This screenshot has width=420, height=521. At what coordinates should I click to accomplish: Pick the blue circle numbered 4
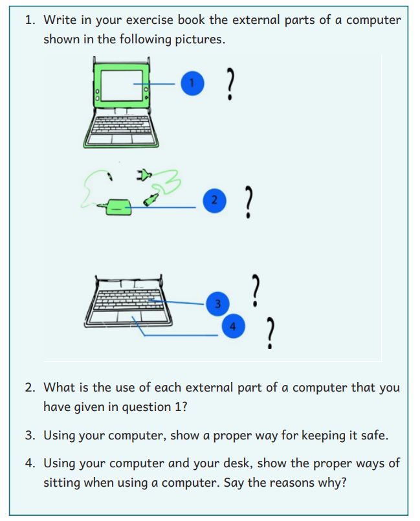pyautogui.click(x=232, y=326)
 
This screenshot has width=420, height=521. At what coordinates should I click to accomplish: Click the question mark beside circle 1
pyautogui.click(x=230, y=83)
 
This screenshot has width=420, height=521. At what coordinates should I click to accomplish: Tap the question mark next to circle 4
pyautogui.click(x=270, y=333)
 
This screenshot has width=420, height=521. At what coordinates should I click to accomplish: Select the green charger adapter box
pyautogui.click(x=118, y=206)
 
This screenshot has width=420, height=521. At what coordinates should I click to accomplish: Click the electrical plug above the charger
pyautogui.click(x=144, y=174)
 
